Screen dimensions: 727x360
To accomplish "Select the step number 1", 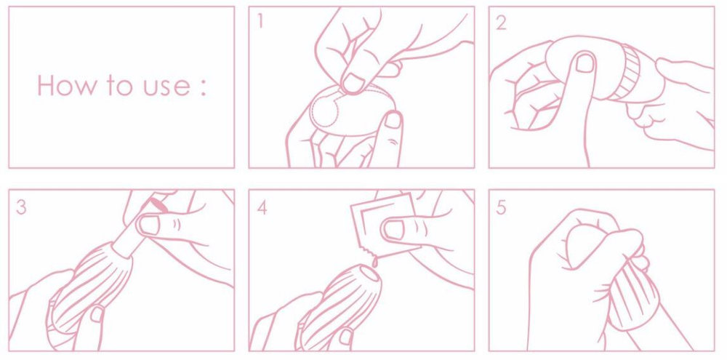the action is tap(260, 21).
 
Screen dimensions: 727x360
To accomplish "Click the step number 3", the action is tap(21, 207).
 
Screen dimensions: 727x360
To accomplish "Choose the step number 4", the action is tap(262, 207).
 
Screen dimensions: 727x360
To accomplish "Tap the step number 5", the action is tap(501, 207).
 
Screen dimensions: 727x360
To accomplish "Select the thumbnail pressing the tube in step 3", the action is tap(149, 225).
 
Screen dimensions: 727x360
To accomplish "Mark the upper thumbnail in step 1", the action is tap(356, 83).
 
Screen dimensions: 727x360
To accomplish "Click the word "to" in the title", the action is tap(121, 87).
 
